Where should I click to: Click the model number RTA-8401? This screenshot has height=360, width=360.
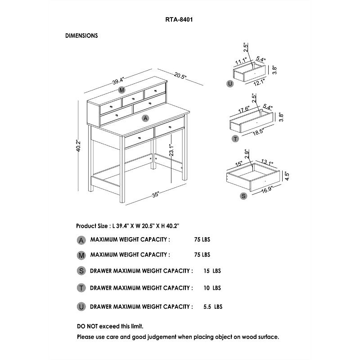(180, 19)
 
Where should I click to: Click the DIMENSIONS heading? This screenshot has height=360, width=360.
(81, 36)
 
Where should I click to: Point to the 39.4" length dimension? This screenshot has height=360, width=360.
(118, 81)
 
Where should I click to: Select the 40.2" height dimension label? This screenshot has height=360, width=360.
(78, 145)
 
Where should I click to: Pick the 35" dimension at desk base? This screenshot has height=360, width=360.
(156, 195)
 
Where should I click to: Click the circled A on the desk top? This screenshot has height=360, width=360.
(145, 118)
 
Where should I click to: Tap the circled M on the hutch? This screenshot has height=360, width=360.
(122, 90)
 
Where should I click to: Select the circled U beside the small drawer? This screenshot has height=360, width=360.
(230, 84)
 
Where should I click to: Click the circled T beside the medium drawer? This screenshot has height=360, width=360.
(235, 139)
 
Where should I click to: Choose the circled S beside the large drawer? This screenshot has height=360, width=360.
(243, 196)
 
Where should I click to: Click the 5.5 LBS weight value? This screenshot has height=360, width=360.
(213, 307)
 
